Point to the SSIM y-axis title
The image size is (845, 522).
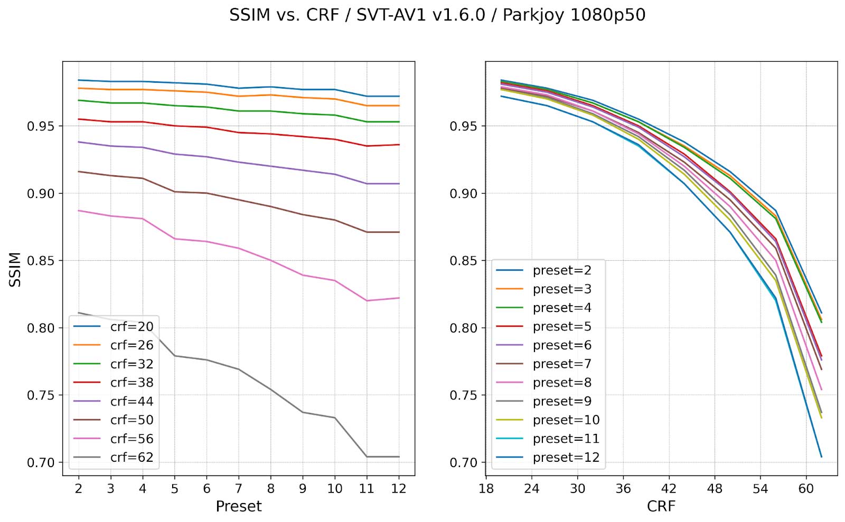coord(15,269)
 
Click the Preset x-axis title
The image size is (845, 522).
coord(239,506)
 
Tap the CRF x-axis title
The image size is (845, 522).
coord(661,506)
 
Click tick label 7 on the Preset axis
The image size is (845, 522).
coord(239,489)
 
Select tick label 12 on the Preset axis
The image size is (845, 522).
coord(399,489)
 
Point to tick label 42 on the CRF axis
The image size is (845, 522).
coord(669,489)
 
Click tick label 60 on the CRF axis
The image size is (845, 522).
coord(806,489)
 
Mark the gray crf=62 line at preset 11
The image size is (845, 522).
coord(367,457)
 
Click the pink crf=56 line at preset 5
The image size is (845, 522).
coord(175,239)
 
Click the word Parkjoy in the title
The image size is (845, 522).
coord(534,15)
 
